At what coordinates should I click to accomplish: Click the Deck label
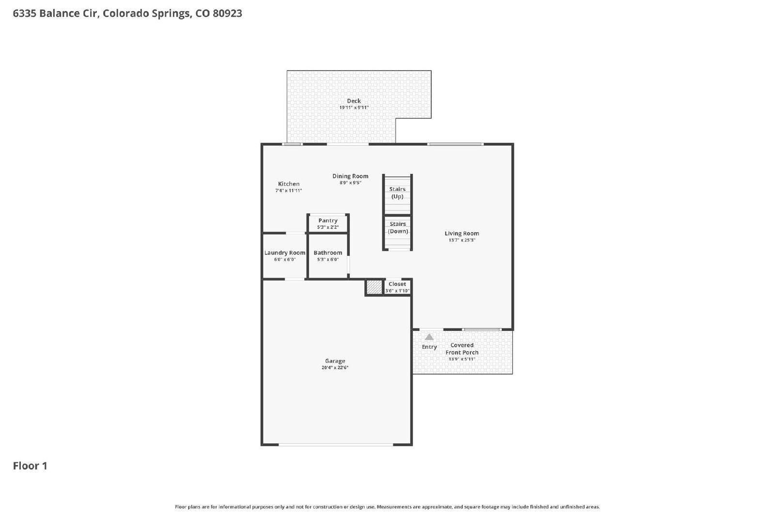click(354, 101)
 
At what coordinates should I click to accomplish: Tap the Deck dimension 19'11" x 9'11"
click(354, 108)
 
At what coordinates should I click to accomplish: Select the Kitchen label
click(289, 184)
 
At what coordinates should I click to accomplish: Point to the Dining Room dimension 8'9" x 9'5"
click(350, 183)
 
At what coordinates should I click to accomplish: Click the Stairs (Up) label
click(397, 193)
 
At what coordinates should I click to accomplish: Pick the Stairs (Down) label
click(398, 228)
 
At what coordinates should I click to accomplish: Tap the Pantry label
click(327, 220)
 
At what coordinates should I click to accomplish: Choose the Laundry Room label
click(285, 252)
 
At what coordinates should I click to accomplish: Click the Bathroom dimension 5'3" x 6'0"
click(327, 260)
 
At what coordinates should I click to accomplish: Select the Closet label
click(397, 284)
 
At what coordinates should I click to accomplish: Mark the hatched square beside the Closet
click(374, 287)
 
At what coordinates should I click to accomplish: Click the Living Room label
click(462, 233)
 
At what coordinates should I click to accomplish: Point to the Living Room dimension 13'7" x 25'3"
click(462, 240)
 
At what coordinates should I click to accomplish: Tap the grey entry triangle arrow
click(429, 337)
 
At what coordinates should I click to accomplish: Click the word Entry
click(429, 347)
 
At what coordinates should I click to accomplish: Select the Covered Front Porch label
click(462, 349)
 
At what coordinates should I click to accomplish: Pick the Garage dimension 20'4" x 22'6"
click(335, 367)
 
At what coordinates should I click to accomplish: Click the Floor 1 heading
click(30, 466)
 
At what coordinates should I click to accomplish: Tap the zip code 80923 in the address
click(227, 13)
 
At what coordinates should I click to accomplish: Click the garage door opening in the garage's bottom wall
click(336, 445)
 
